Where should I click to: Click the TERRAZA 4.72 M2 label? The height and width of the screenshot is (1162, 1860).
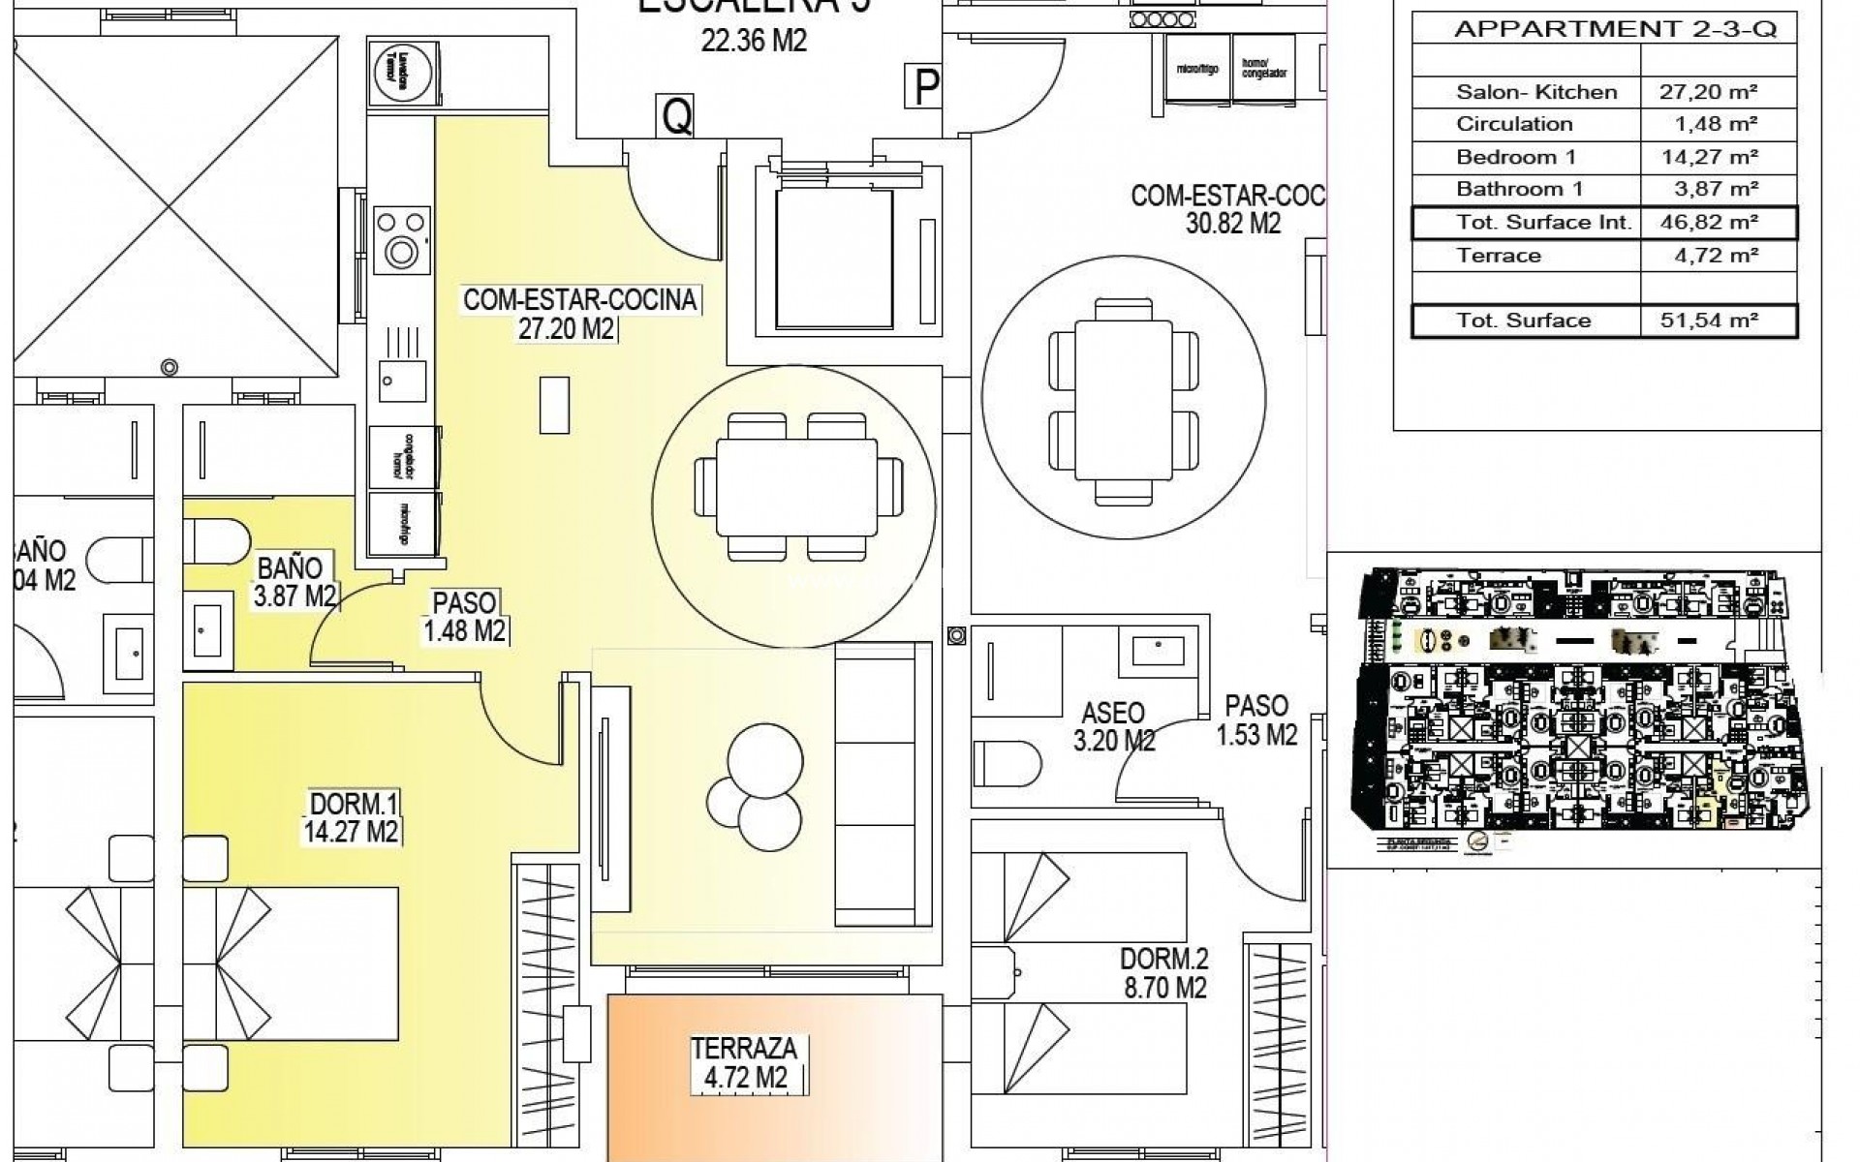744,1062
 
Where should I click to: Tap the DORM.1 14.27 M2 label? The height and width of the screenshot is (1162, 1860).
354,817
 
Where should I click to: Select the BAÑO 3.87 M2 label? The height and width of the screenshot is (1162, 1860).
295,580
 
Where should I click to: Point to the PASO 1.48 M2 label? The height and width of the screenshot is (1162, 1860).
465,617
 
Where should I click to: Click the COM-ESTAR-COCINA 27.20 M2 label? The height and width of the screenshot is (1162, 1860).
579,313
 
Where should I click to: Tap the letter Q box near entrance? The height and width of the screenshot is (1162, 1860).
676,117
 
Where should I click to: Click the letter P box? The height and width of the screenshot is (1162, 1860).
925,88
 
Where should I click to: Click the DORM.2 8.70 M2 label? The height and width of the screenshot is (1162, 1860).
1163,973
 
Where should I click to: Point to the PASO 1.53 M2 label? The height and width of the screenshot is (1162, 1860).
1256,719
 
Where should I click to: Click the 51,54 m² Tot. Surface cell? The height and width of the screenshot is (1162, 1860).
1709,321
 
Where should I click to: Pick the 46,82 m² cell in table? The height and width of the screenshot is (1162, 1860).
1709,223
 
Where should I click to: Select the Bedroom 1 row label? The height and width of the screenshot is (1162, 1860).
1516,157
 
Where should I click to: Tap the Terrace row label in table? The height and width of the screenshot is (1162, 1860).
1498,256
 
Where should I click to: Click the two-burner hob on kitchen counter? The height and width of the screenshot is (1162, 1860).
400,238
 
